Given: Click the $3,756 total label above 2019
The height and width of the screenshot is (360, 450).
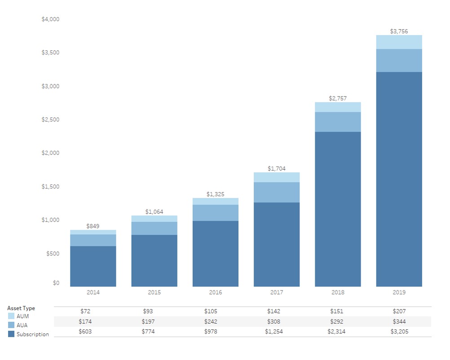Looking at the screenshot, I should pos(399,31).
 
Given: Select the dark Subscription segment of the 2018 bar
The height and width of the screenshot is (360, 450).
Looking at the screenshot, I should pos(338,209).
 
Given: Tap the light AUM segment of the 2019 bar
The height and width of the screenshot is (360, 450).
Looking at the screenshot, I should pos(399,42).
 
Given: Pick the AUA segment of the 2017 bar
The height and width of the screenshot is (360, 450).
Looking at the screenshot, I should pos(277,192).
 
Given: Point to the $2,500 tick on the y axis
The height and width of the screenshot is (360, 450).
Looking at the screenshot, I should pos(50,119).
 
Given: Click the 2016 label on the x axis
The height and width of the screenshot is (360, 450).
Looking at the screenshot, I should pos(216,292).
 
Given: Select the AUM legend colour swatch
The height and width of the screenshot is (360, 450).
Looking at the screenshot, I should pos(11,316).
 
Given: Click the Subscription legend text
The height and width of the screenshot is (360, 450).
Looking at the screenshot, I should pos(33,334).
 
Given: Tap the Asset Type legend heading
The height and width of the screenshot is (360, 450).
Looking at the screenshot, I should pos(21,308).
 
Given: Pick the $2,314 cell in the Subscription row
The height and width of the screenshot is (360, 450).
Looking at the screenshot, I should pos(338,332).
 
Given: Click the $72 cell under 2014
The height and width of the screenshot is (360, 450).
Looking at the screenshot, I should pos(93,311).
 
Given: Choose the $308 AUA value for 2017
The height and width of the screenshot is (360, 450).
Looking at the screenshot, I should pos(277,321).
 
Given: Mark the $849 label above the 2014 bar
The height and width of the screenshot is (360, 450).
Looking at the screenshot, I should pos(93,226).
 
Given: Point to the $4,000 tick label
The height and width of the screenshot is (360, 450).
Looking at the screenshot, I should pos(50,19).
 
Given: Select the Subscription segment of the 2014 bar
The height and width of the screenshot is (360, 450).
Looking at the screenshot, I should pos(93,266).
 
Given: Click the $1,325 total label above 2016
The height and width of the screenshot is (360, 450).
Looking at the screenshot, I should pos(216,194).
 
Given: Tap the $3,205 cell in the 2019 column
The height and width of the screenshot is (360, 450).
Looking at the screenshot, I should pos(399,332).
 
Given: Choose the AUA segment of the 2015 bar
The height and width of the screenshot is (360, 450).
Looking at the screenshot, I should pos(154,228).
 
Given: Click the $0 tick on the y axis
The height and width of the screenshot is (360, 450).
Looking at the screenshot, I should pos(56,283).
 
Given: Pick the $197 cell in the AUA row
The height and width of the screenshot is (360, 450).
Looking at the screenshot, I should pos(154,321).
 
